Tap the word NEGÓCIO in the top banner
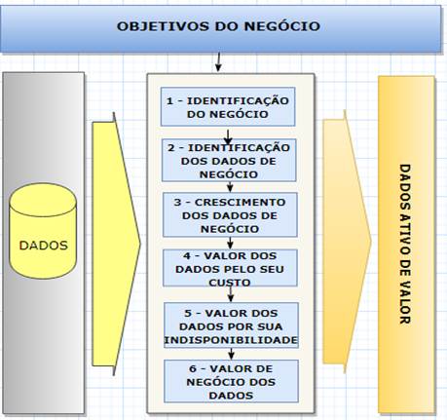coord(282,25)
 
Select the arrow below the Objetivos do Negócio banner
coord(218,61)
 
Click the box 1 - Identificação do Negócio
coord(228,106)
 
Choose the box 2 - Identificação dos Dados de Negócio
coord(229,160)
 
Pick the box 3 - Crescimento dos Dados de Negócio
coord(230,214)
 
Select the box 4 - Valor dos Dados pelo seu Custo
coord(230,268)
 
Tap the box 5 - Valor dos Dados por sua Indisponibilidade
coord(231,325)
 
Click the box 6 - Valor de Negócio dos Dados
coord(231,381)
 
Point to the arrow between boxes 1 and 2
coord(228,137)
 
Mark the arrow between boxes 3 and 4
coord(230,243)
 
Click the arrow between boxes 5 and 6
coord(231,354)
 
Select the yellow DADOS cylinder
coord(43,231)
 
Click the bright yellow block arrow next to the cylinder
coord(116,244)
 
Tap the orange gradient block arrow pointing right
coord(347,242)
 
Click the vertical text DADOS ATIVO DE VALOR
coord(405,244)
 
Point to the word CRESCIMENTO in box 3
coord(241,203)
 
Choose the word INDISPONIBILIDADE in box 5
coord(231,340)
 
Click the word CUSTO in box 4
coord(230,283)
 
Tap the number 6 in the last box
coord(193,369)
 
